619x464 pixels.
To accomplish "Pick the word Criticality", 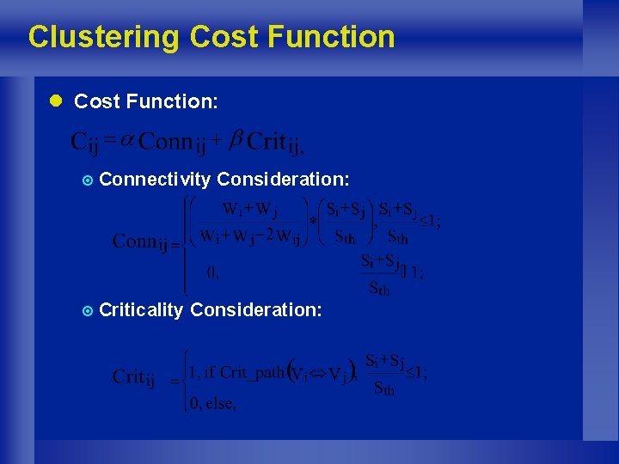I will [141, 309].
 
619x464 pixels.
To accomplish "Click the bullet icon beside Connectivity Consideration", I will [85, 180].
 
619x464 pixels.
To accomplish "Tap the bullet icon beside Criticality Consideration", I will [85, 310].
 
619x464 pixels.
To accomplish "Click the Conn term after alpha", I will [175, 141].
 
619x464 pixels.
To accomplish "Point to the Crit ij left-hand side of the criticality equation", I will [134, 378].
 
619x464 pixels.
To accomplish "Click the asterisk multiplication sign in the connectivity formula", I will [313, 222].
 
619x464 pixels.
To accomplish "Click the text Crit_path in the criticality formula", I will [252, 373].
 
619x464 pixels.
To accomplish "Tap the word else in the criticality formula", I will [220, 404].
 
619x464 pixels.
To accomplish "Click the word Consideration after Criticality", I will [256, 309].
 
